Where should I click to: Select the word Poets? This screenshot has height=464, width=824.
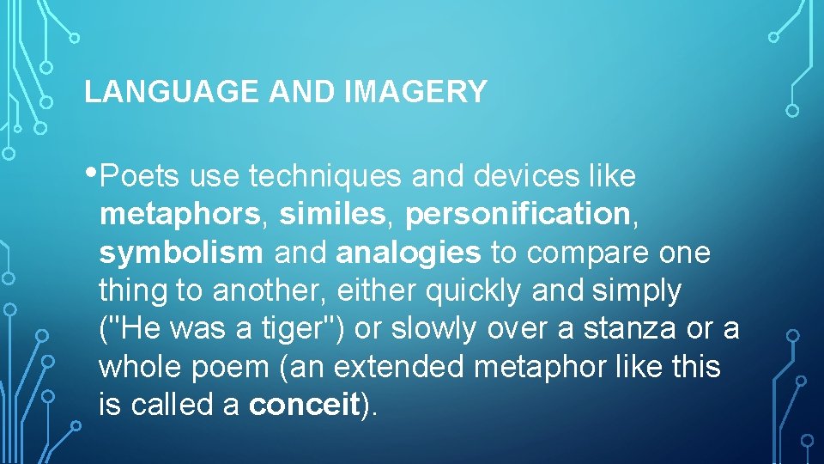pyautogui.click(x=140, y=177)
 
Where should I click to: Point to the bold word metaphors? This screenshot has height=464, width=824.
pyautogui.click(x=179, y=215)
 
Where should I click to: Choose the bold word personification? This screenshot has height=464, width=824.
pyautogui.click(x=518, y=215)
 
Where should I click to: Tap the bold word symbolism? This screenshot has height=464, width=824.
pyautogui.click(x=181, y=253)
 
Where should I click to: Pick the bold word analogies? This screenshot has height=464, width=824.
pyautogui.click(x=409, y=253)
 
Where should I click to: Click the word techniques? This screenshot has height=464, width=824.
pyautogui.click(x=325, y=177)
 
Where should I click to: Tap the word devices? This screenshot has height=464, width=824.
pyautogui.click(x=523, y=177)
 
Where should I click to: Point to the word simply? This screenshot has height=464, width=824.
pyautogui.click(x=637, y=290)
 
